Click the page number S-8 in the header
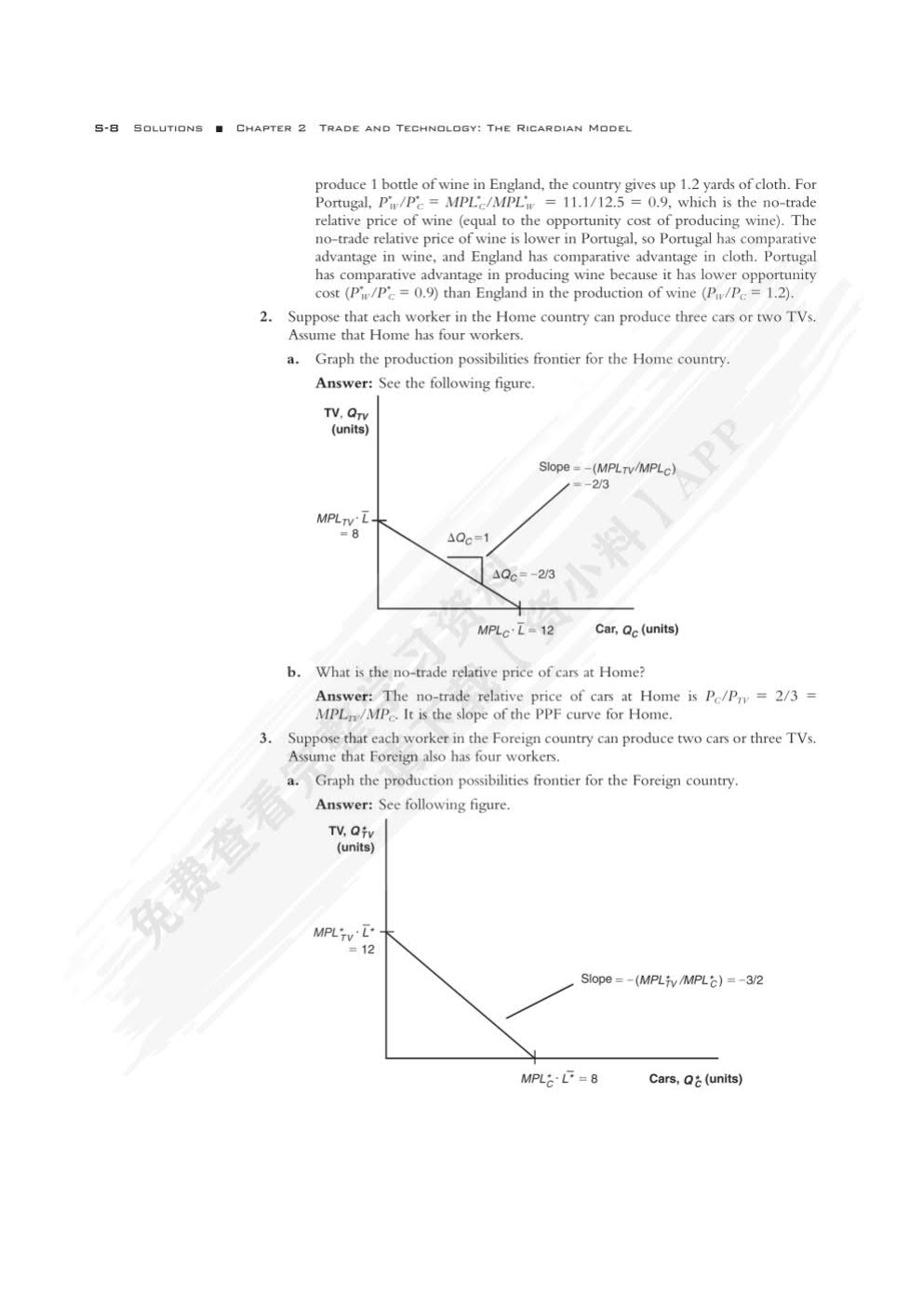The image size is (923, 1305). coord(106,128)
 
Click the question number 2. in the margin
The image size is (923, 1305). coord(266,317)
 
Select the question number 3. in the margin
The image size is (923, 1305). coord(266,739)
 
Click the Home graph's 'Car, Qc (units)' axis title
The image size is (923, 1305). coord(636,630)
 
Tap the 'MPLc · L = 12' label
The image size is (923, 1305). coord(515,631)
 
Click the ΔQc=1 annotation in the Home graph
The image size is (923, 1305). coord(468,539)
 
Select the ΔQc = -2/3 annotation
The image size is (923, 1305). coord(523,575)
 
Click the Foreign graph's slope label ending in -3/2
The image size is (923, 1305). coord(672,979)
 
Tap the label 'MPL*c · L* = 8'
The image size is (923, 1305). coord(559,1079)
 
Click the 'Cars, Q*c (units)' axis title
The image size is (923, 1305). coord(695,1079)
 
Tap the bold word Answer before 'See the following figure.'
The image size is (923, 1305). coord(343,383)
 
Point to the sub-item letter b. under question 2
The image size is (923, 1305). coord(293,672)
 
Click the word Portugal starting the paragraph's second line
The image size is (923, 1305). coord(342,203)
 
